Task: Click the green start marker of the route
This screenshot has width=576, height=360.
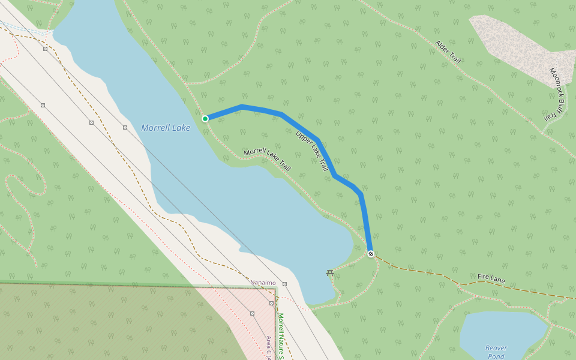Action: [205, 119]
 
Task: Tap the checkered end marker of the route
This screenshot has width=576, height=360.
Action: [371, 254]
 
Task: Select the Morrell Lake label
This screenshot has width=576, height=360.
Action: [166, 128]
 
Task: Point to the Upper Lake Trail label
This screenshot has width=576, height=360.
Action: [312, 151]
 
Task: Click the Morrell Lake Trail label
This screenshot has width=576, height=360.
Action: [268, 160]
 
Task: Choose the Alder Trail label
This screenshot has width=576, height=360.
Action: [448, 52]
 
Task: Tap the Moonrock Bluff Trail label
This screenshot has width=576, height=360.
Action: [557, 93]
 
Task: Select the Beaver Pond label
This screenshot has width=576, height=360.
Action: [496, 352]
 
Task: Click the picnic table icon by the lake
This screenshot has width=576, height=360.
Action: [330, 274]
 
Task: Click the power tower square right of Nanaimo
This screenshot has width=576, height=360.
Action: [284, 284]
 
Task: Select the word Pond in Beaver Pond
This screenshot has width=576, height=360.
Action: [496, 356]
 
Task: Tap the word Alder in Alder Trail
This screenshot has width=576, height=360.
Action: [442, 46]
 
